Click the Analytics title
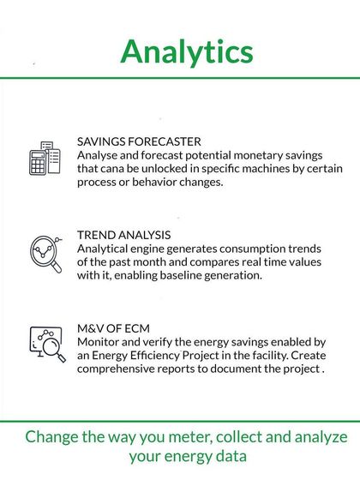tap(186, 51)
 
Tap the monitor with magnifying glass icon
tap(45, 345)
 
